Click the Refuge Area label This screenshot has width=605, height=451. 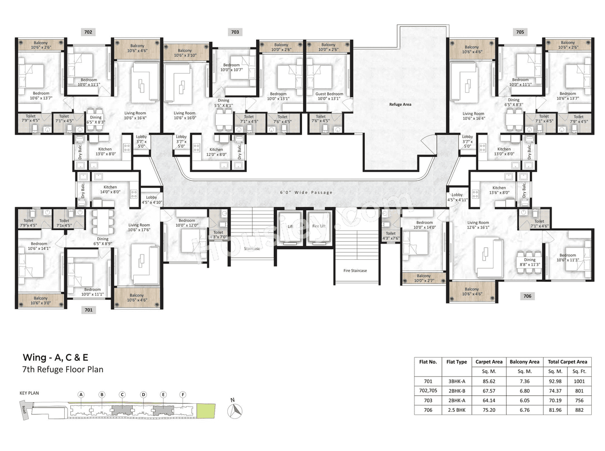pyautogui.click(x=400, y=104)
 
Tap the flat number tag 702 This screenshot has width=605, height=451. pyautogui.click(x=88, y=32)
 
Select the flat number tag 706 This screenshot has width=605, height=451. pyautogui.click(x=527, y=296)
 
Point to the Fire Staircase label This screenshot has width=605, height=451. pyautogui.click(x=355, y=271)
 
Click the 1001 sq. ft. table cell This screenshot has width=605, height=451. pyautogui.click(x=579, y=381)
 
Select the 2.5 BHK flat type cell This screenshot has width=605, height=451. pyautogui.click(x=456, y=410)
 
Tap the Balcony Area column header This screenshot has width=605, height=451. pyautogui.click(x=524, y=362)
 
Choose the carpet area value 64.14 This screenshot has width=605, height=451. pyautogui.click(x=489, y=400)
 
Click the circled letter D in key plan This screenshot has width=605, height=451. pyautogui.click(x=143, y=395)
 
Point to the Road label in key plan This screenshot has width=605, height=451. pyautogui.click(x=23, y=409)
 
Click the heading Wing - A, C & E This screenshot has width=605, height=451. pyautogui.click(x=55, y=357)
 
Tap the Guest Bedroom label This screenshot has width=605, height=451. pyautogui.click(x=329, y=96)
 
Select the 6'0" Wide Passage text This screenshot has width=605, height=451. pyautogui.click(x=306, y=193)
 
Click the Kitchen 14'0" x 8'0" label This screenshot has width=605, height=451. pyautogui.click(x=110, y=189)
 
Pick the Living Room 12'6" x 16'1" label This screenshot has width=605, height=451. pyautogui.click(x=478, y=225)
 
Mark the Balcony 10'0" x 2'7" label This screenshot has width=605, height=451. pyautogui.click(x=423, y=278)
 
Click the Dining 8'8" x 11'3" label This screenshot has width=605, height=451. pyautogui.click(x=529, y=262)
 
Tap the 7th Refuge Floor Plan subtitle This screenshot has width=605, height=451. pyautogui.click(x=63, y=370)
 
